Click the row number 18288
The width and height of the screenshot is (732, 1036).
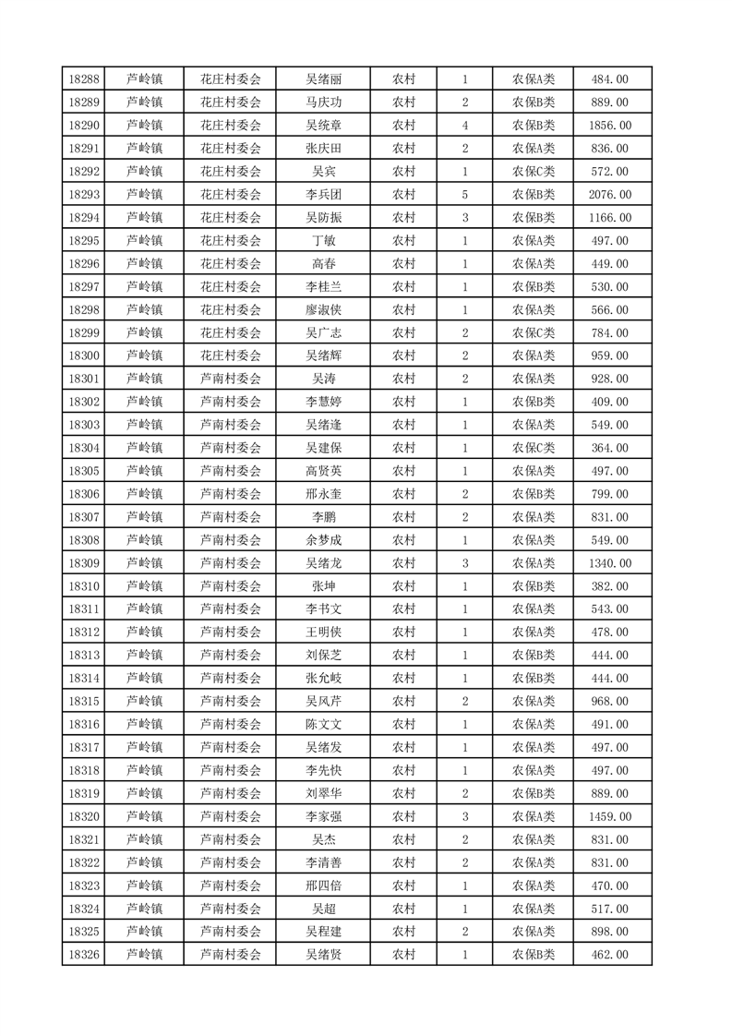84,79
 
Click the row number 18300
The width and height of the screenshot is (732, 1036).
84,355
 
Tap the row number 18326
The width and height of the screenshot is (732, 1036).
84,955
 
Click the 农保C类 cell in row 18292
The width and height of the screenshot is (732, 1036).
533,172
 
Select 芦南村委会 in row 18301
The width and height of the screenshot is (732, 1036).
231,379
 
